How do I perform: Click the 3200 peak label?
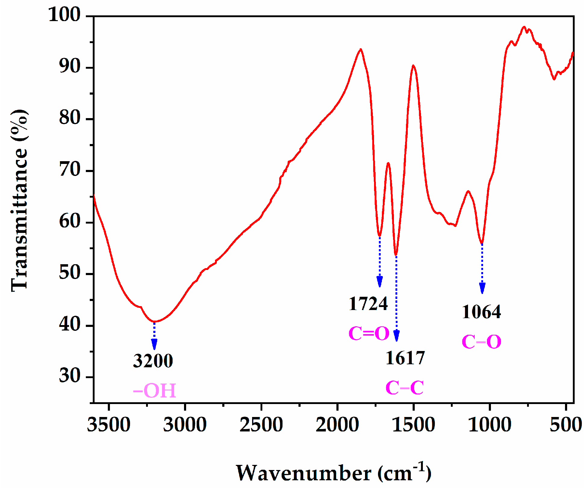153,361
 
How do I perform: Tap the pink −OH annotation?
155,390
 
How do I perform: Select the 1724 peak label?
368,304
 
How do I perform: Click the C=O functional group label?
369,334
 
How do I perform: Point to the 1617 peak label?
405,358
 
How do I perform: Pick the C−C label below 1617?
404,387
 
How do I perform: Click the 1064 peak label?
481,312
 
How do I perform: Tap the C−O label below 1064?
481,342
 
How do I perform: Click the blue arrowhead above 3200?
154,344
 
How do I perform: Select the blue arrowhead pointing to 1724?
380,281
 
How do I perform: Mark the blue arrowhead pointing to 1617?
397,335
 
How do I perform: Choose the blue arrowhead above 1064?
482,288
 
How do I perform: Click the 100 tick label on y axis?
64,14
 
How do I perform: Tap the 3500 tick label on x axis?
109,425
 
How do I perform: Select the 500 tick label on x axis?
566,425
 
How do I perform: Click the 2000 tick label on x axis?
337,425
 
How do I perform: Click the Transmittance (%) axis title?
20,200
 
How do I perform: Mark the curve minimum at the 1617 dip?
396,254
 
